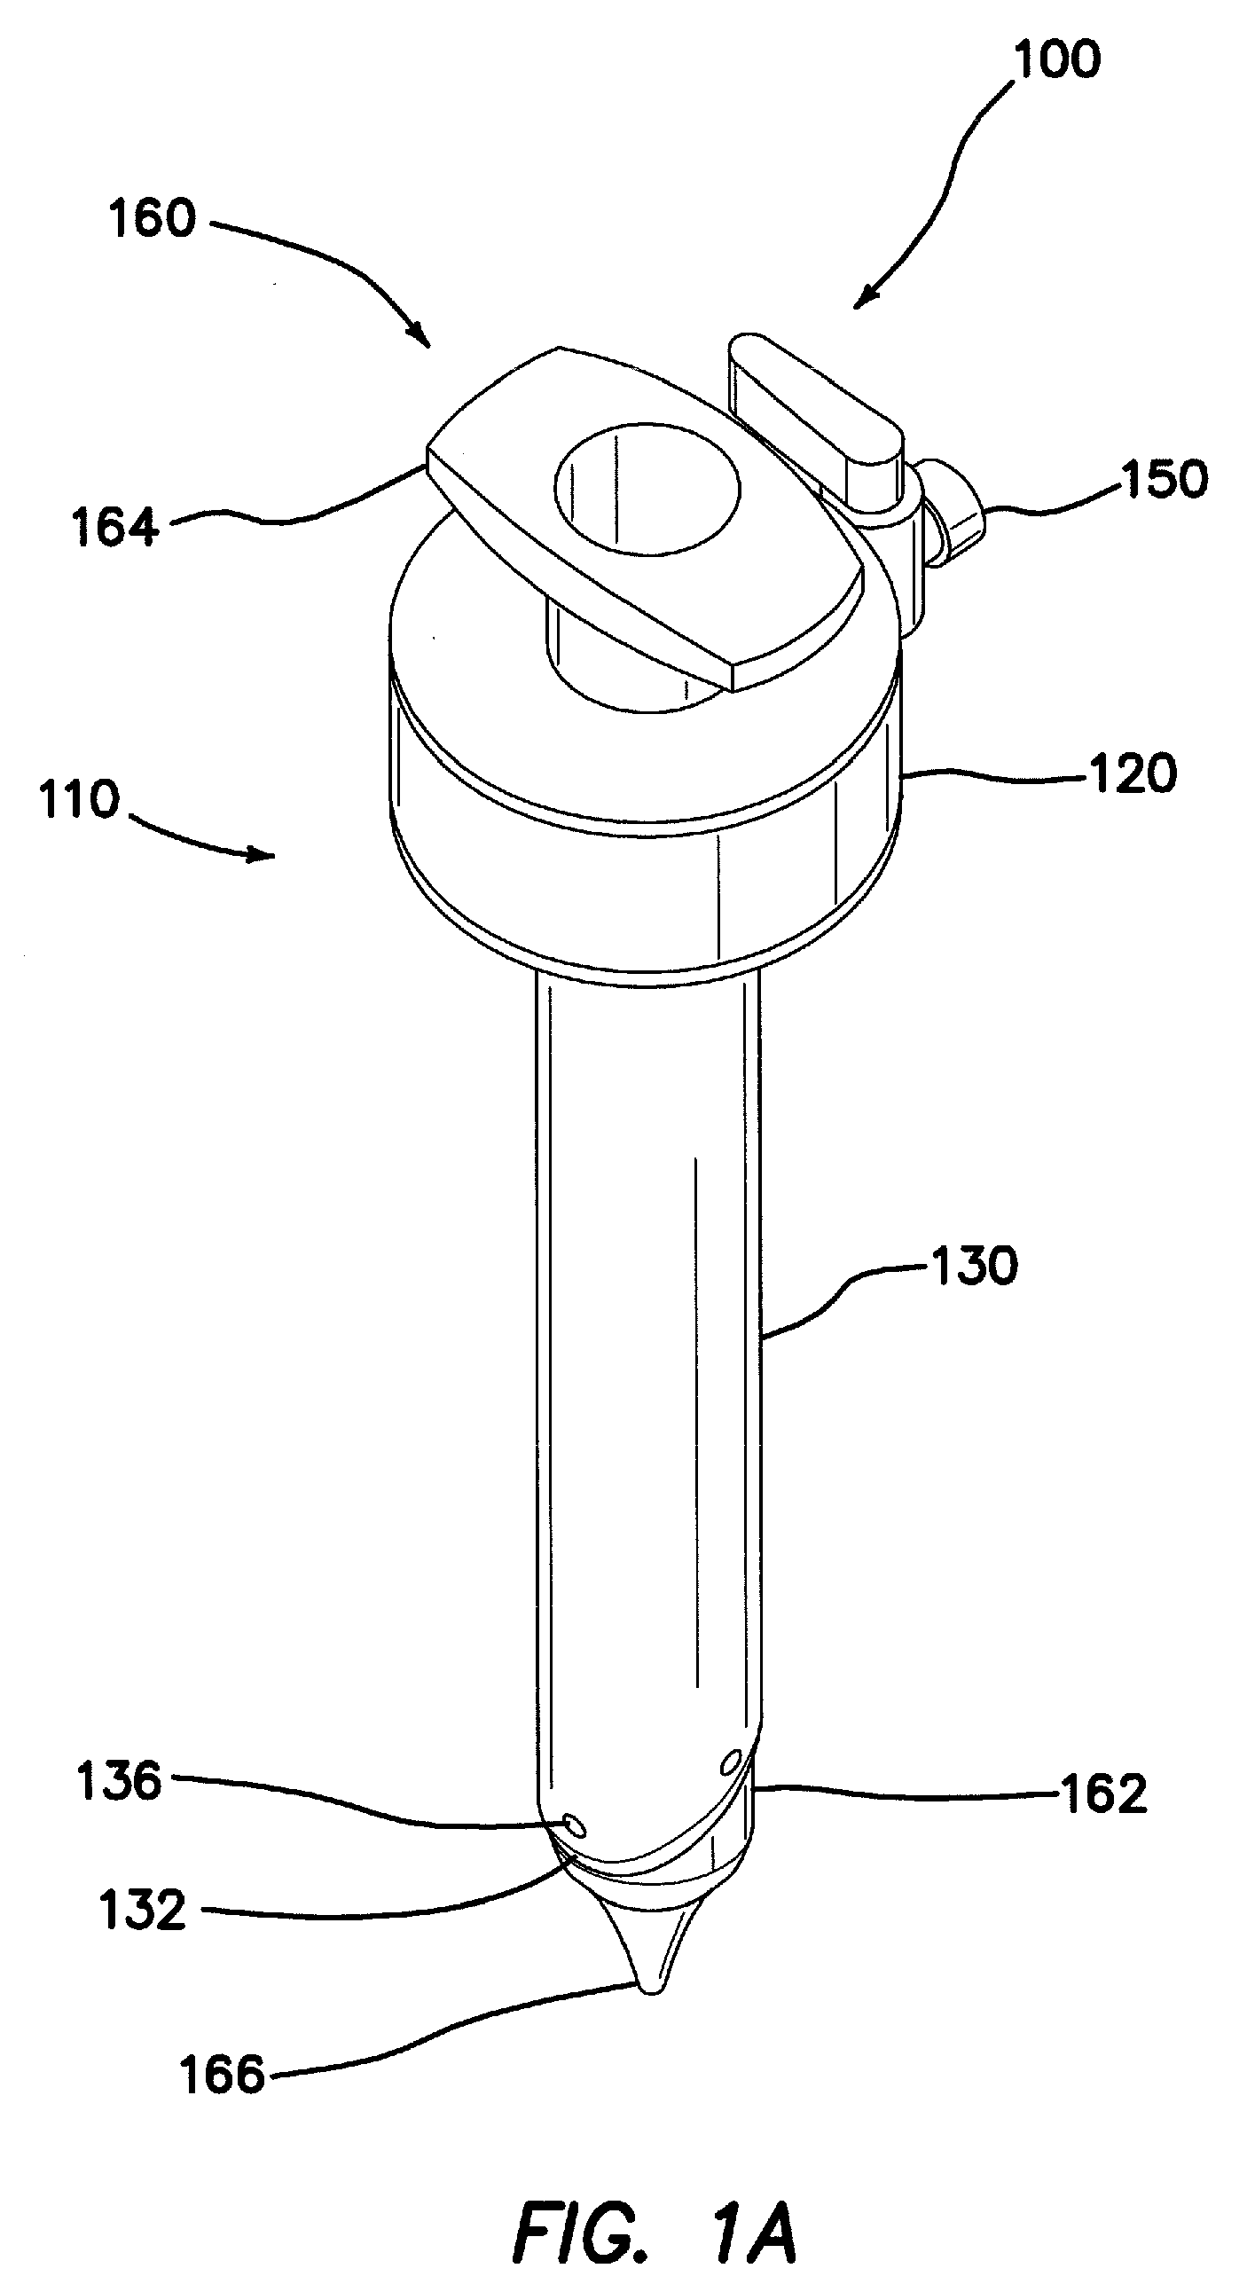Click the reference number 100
pos(1056,59)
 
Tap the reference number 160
pos(151,217)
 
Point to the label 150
pos(1164,480)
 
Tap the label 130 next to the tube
pos(973,1267)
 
